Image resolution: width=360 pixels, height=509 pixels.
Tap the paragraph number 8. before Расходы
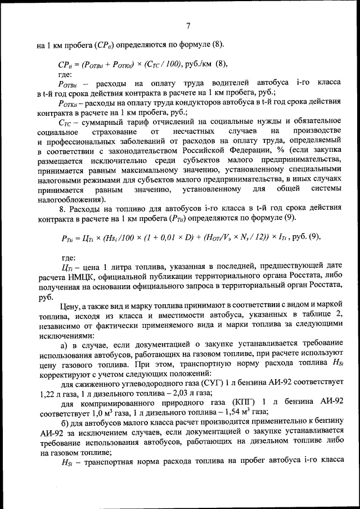tap(61, 209)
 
